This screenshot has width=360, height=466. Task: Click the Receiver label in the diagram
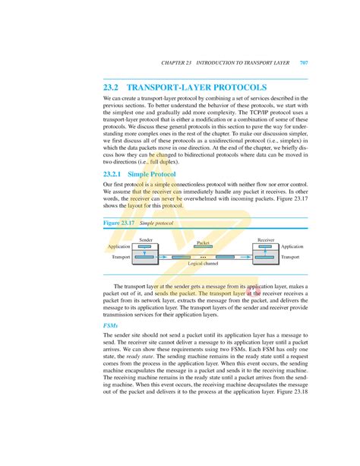tap(266, 239)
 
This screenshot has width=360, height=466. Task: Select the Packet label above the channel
tap(203, 243)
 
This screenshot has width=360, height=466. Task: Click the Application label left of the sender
tap(119, 246)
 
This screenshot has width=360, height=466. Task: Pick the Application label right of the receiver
tap(292, 246)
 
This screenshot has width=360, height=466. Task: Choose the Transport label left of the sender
tap(121, 258)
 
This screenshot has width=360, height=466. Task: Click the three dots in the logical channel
tap(204, 258)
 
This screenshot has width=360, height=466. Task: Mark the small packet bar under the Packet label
tap(203, 247)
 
